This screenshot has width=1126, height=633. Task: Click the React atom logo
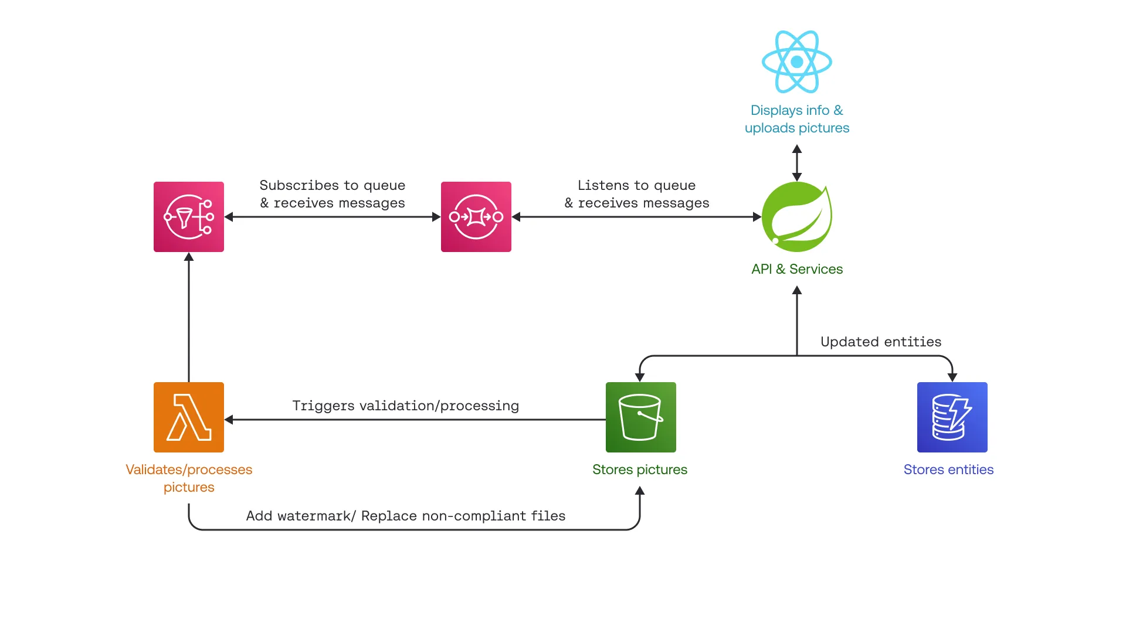pyautogui.click(x=796, y=62)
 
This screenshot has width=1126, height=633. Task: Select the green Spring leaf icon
pyautogui.click(x=796, y=217)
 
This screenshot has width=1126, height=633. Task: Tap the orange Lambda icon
pyautogui.click(x=189, y=417)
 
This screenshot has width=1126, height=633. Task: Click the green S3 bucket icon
pyautogui.click(x=640, y=417)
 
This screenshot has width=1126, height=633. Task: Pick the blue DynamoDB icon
pyautogui.click(x=952, y=417)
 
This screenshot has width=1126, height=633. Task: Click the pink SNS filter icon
pyautogui.click(x=189, y=217)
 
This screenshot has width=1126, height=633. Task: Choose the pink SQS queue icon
pyautogui.click(x=476, y=217)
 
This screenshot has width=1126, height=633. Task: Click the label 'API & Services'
pyautogui.click(x=796, y=269)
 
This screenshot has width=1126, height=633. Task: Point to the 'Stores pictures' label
pyautogui.click(x=639, y=469)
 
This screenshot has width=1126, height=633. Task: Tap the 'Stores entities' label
pyautogui.click(x=948, y=469)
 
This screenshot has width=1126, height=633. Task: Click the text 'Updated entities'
pyautogui.click(x=880, y=342)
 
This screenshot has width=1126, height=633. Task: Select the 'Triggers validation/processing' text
pyautogui.click(x=405, y=406)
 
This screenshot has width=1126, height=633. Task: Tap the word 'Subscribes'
pyautogui.click(x=299, y=185)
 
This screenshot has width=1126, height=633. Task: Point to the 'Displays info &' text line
pyautogui.click(x=796, y=110)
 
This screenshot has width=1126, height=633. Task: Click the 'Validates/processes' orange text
pyautogui.click(x=189, y=469)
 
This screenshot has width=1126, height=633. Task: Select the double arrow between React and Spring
pyautogui.click(x=796, y=163)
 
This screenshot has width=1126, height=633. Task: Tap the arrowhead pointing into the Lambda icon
pyautogui.click(x=229, y=420)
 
